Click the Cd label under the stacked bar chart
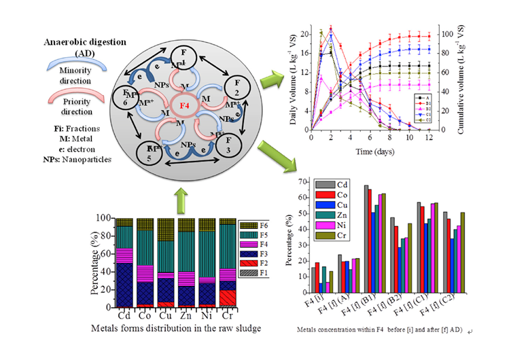tap(124, 316)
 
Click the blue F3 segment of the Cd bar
tap(124, 285)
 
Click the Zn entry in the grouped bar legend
tap(332, 216)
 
